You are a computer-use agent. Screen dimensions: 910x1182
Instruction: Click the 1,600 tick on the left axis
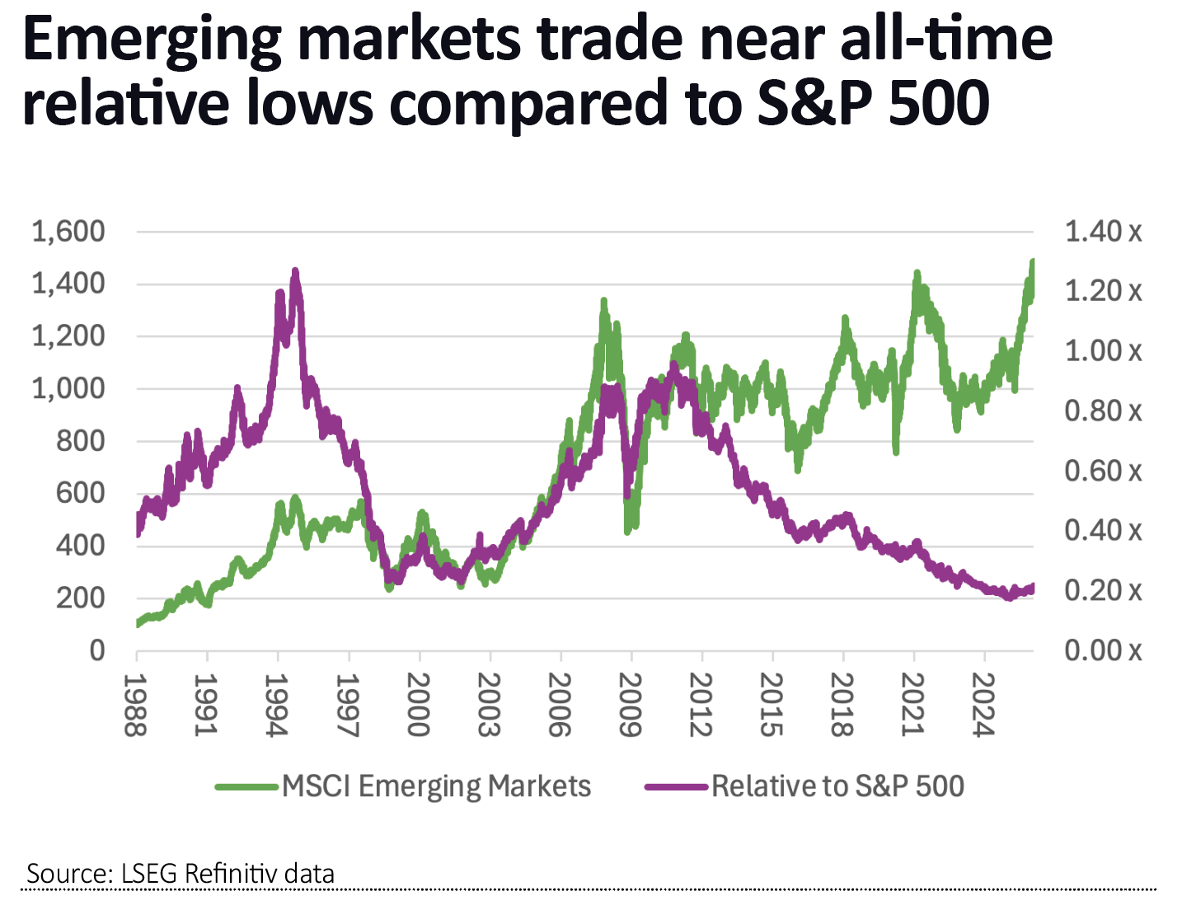tap(68, 232)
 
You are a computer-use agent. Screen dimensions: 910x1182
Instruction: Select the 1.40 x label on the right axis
tap(1103, 232)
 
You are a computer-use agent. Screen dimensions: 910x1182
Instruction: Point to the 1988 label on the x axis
tap(136, 705)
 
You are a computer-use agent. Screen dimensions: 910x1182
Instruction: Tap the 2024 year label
tap(984, 705)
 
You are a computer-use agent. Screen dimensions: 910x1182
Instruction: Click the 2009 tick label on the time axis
tap(631, 705)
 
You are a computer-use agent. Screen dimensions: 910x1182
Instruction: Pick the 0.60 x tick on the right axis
tap(1103, 471)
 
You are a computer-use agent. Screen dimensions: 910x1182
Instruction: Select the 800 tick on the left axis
tap(80, 441)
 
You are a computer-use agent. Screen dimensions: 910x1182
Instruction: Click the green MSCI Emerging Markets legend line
tap(246, 786)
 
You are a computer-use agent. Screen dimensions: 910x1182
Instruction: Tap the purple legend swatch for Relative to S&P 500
tap(676, 786)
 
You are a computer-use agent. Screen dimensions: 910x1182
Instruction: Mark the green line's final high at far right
tap(1032, 262)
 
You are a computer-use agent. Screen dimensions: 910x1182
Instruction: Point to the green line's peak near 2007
tap(603, 302)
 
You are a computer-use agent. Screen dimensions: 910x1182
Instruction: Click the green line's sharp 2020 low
tap(895, 452)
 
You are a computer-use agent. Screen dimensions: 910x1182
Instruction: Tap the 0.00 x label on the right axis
tap(1103, 651)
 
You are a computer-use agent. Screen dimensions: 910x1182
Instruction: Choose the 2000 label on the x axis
tap(419, 705)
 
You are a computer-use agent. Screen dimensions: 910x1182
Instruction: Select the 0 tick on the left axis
tap(97, 651)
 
